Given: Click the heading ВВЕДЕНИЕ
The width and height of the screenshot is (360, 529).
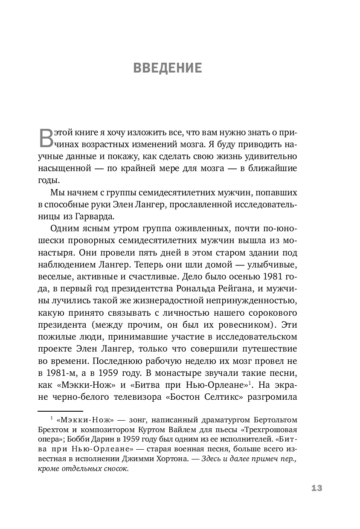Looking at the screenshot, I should (168, 68).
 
